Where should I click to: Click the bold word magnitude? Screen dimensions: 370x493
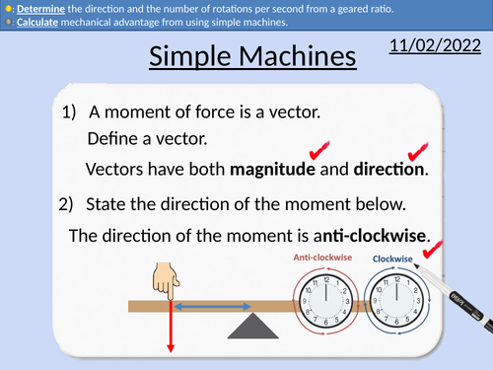coord(272,169)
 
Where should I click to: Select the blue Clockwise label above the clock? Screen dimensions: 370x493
coord(391,259)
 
